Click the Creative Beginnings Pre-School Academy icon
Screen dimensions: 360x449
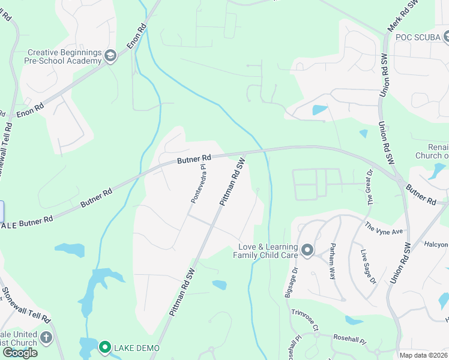click(x=110, y=56)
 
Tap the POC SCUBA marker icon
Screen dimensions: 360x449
click(x=447, y=37)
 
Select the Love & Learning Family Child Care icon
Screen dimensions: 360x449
click(x=307, y=250)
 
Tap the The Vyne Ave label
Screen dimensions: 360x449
click(x=385, y=228)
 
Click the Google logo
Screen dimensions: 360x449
click(x=20, y=353)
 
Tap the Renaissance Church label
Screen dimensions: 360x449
click(x=432, y=151)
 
